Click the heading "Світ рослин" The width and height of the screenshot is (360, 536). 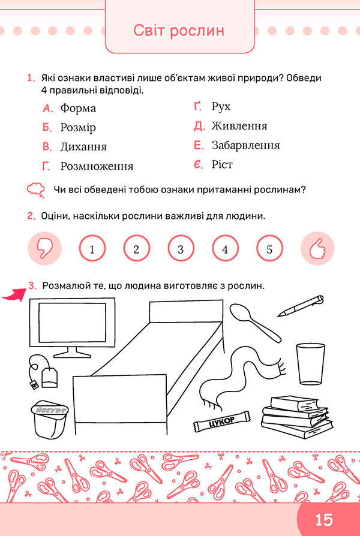click(179, 31)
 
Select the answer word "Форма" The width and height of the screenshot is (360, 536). click(78, 109)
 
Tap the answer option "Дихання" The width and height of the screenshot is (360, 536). click(83, 147)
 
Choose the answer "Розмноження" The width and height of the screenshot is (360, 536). click(97, 167)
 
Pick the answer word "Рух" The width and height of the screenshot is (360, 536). click(221, 107)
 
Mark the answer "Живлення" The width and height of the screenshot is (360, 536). click(239, 126)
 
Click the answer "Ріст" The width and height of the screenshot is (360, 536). click(222, 165)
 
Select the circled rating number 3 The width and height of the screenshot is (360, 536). click(181, 249)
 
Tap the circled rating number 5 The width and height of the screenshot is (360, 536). click(269, 249)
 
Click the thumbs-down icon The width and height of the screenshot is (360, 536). click(44, 249)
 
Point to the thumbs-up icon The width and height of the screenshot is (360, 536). click(317, 249)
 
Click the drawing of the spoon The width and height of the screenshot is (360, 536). click(254, 322)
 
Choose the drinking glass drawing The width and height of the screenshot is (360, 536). click(310, 364)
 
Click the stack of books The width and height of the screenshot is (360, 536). click(297, 417)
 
